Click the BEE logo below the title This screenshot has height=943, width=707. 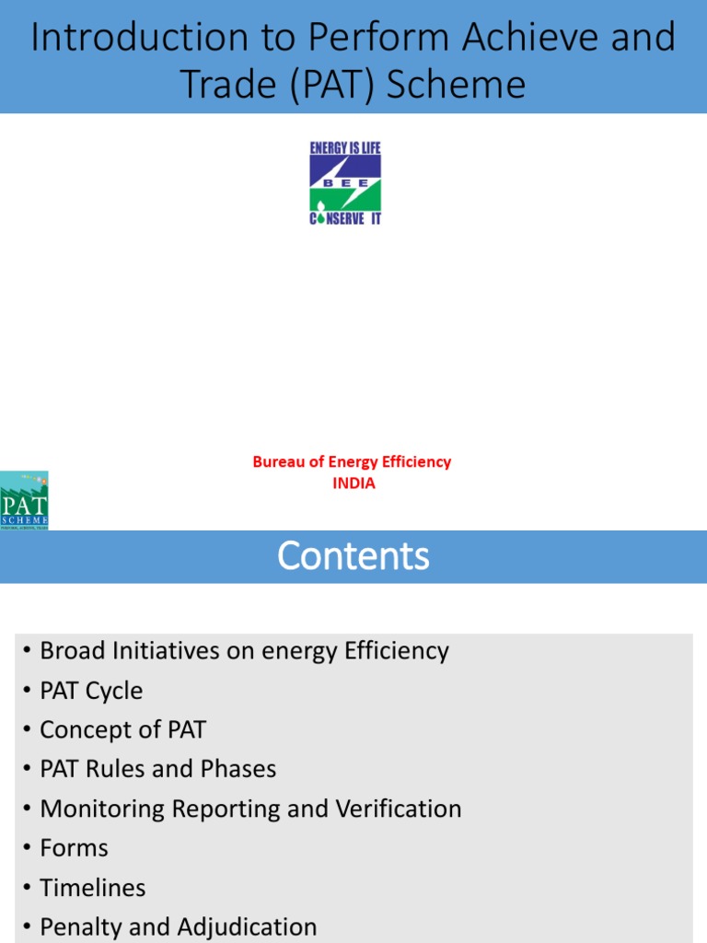click(345, 183)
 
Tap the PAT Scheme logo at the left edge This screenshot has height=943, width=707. click(24, 500)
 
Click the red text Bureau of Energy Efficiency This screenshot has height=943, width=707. click(352, 462)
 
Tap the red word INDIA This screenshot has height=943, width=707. click(353, 483)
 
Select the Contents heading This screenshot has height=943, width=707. click(353, 556)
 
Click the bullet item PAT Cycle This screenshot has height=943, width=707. click(91, 690)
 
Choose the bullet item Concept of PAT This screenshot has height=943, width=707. click(122, 729)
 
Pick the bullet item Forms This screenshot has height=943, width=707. click(74, 847)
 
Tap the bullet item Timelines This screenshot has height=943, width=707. click(92, 887)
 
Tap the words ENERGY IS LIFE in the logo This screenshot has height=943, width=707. click(345, 148)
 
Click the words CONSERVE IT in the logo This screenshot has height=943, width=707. click(345, 219)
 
